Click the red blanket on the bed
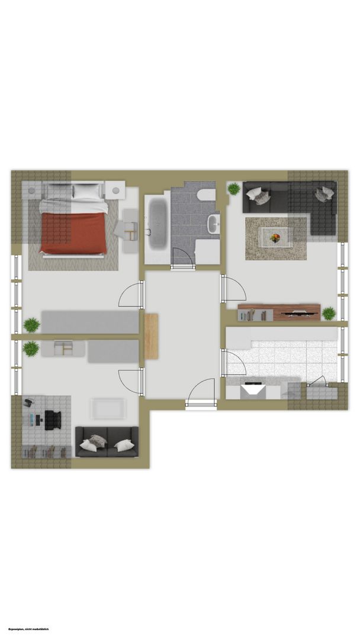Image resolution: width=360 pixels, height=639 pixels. click(x=74, y=233)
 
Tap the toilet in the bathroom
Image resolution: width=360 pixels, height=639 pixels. click(x=205, y=195)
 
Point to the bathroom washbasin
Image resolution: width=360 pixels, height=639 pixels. click(x=214, y=224)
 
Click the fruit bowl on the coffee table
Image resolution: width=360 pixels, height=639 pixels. click(x=275, y=237)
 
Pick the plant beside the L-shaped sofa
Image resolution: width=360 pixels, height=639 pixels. click(x=234, y=189)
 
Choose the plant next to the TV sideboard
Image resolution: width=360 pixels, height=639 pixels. click(x=329, y=314)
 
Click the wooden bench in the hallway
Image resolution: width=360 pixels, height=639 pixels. click(x=151, y=336)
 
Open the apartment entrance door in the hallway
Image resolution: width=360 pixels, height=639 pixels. click(x=201, y=393)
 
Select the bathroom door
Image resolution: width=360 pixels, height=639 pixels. click(x=181, y=257)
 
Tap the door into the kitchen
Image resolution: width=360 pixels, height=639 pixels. click(x=234, y=363)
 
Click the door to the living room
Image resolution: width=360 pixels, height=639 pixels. click(x=234, y=289)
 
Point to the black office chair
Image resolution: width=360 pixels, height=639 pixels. click(x=53, y=420)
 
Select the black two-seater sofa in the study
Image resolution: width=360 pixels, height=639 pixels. click(x=107, y=442)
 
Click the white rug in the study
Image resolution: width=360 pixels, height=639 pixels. click(x=108, y=409)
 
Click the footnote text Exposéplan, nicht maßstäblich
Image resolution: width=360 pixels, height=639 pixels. click(x=28, y=629)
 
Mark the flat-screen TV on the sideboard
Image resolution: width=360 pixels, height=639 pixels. click(x=300, y=314)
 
